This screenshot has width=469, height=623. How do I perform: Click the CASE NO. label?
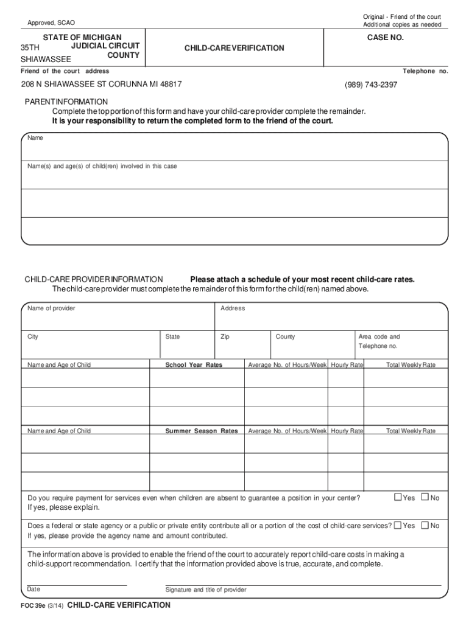coord(385,38)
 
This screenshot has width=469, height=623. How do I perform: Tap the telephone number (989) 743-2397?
coord(371,85)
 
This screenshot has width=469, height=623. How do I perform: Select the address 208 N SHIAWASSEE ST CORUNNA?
coord(101,85)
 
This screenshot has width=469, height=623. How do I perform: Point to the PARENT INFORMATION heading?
coord(66,102)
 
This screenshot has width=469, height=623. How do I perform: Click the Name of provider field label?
coord(51,308)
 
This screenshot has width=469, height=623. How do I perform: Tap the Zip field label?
coord(225,336)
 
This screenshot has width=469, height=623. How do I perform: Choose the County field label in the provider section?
coord(285,336)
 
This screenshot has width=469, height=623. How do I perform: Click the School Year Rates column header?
coord(194,365)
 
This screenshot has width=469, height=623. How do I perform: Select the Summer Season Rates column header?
coord(201,431)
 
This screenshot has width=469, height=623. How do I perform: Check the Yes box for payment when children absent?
coord(398,498)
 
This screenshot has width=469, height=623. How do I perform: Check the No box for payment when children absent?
coord(425,498)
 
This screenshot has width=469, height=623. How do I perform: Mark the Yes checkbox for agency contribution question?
coord(398,525)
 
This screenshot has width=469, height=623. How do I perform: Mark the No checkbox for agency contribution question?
coord(425,525)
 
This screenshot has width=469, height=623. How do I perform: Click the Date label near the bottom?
coord(33,589)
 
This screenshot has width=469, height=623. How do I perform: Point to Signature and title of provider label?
coord(206,590)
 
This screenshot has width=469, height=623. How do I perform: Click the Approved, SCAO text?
coord(51,23)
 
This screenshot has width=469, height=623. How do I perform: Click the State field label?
coord(172,336)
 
